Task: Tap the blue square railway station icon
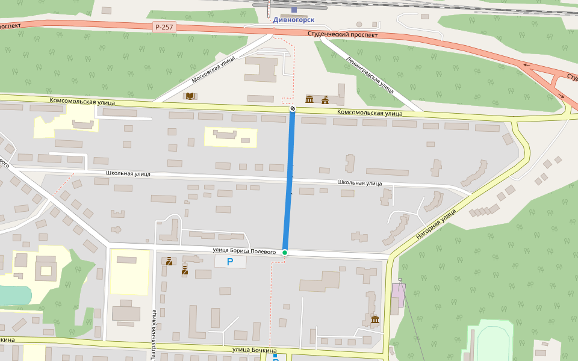point(294,10)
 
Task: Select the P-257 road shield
point(164,27)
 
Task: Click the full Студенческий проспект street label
point(343,35)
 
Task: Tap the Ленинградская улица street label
point(370,75)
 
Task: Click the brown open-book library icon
point(190,96)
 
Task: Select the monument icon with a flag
point(325,99)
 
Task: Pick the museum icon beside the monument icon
point(309,99)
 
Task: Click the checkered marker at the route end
point(293,108)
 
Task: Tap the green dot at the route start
point(285,253)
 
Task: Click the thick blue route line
point(289,180)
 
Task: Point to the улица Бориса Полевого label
point(244,251)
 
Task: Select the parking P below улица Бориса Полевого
point(230,262)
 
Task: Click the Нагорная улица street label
point(437,226)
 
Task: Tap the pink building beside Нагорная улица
point(398,295)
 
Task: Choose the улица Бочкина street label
point(254,350)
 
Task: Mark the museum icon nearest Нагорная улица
point(374,319)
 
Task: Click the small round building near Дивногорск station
point(359,25)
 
